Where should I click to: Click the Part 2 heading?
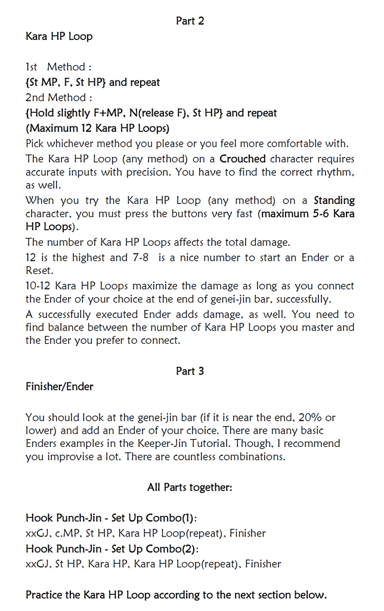click(x=190, y=21)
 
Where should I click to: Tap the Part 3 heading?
click(x=190, y=371)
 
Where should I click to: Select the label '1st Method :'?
click(x=58, y=67)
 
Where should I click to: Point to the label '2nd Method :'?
click(x=59, y=97)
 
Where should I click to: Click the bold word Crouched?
click(x=243, y=159)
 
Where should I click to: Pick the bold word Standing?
click(x=334, y=200)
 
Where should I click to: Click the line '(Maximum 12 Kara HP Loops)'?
click(x=97, y=128)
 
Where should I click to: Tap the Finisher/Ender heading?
click(x=60, y=387)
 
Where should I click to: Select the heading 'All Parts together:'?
click(x=190, y=487)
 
